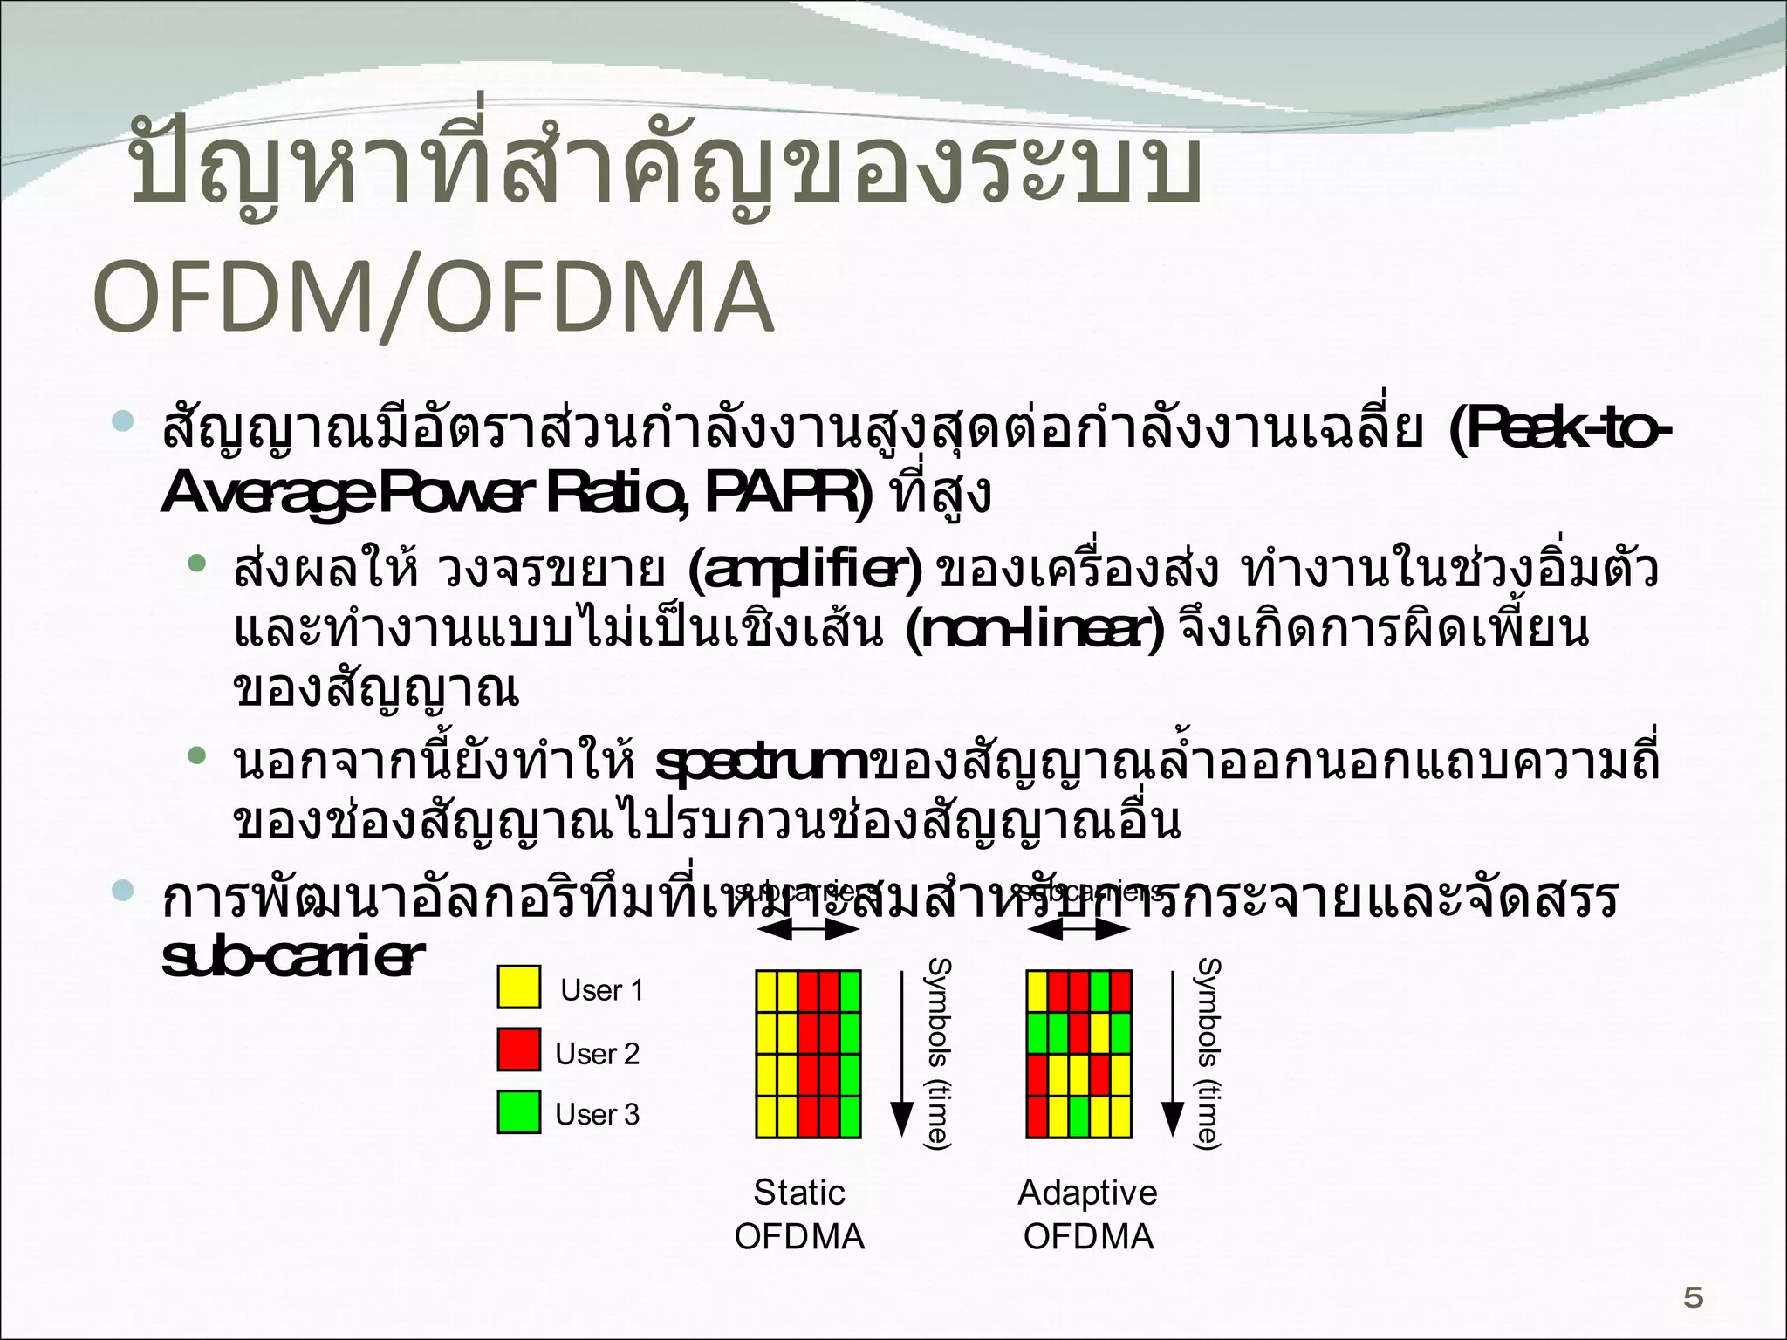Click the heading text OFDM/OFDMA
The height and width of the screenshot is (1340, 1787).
click(x=433, y=297)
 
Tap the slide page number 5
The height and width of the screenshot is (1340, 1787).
click(x=1693, y=1299)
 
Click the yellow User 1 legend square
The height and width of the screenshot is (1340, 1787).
click(x=519, y=987)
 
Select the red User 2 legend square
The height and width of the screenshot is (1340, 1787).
click(x=519, y=1049)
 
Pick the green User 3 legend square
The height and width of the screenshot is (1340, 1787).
click(x=519, y=1112)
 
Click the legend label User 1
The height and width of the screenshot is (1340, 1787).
click(x=602, y=990)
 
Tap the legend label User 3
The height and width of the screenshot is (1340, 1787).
click(x=598, y=1115)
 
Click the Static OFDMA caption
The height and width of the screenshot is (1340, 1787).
click(x=799, y=1214)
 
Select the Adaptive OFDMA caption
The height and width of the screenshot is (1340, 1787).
click(x=1087, y=1214)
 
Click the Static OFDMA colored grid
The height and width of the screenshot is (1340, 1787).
click(x=809, y=1054)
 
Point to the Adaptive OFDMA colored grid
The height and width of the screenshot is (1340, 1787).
click(x=1079, y=1054)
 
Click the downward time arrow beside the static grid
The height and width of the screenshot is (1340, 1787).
click(x=900, y=1056)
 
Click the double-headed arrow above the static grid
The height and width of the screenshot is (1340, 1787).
click(x=809, y=931)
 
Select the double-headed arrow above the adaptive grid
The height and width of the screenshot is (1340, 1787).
click(x=1079, y=931)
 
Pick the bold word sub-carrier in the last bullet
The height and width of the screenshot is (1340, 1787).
click(x=287, y=958)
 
